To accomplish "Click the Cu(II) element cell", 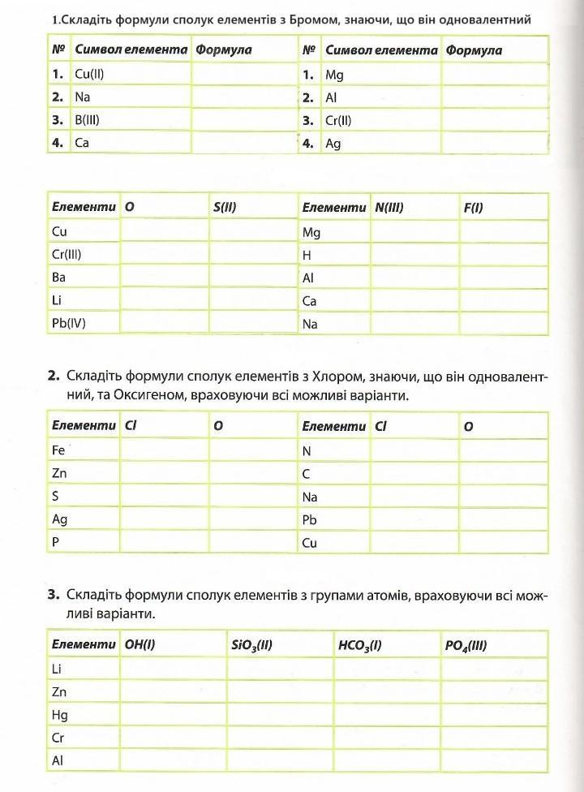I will (x=90, y=74).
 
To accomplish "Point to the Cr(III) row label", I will (x=67, y=254).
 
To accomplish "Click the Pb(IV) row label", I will (x=68, y=323).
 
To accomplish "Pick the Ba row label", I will (x=58, y=277).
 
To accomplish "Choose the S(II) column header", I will (x=225, y=207).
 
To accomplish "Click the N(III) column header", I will (x=389, y=207).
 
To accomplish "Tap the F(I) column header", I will (x=473, y=207).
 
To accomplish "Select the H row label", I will (x=307, y=255).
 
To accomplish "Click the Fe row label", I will (x=58, y=450).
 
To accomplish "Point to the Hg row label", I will (x=59, y=715).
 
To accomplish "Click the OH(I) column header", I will (x=140, y=645).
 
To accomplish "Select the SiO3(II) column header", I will (x=251, y=646).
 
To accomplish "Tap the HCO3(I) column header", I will (x=360, y=646).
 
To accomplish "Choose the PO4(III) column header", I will (x=466, y=646).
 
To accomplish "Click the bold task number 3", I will (x=54, y=595).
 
